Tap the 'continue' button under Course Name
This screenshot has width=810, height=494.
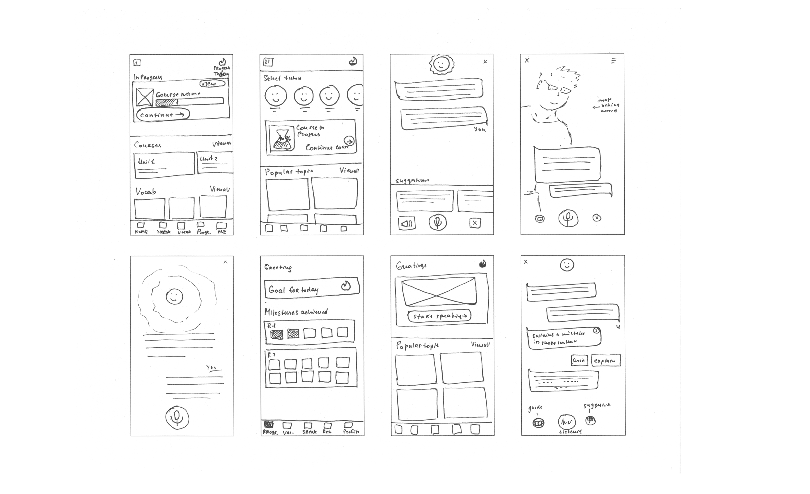163,115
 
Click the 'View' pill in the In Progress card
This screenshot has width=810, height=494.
212,84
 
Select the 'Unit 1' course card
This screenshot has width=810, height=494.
164,165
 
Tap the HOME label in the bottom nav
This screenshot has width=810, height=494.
141,231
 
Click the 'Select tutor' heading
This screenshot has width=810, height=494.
283,78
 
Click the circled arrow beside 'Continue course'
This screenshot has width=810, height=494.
350,141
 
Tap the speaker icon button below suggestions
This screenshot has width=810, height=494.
407,223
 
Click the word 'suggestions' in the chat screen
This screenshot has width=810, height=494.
412,180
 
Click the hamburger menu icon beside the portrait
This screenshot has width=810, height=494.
613,61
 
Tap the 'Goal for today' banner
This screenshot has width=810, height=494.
311,288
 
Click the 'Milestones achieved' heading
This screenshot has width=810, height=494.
296,312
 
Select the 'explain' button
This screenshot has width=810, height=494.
606,360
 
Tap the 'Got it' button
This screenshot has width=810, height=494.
579,360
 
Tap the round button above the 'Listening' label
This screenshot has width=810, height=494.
567,421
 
